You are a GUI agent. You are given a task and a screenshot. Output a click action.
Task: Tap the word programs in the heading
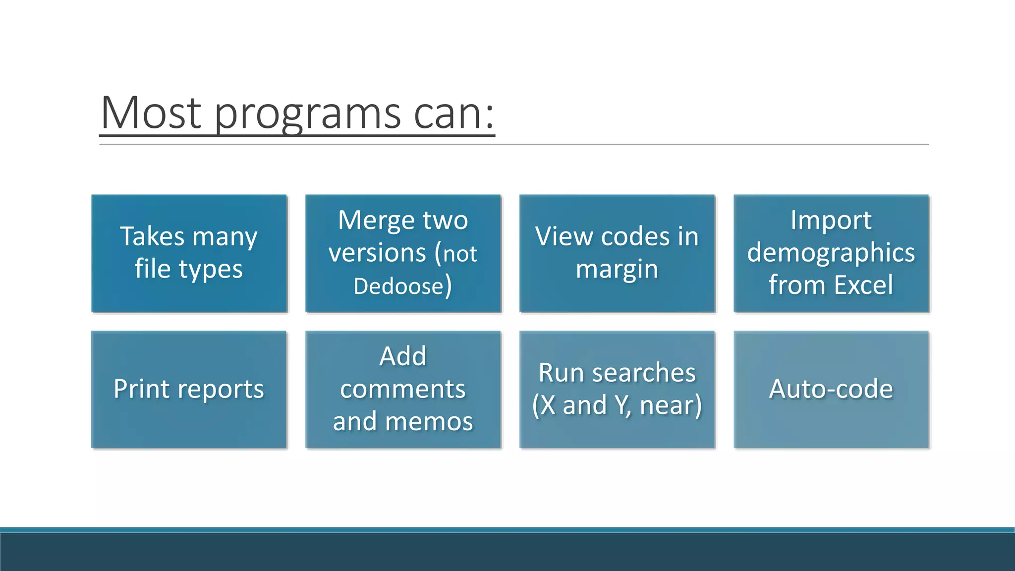[307, 115]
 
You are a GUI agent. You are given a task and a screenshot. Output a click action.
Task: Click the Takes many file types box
[189, 253]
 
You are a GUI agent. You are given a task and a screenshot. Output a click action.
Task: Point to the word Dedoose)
[402, 286]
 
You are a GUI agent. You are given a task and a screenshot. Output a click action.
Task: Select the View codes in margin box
[617, 253]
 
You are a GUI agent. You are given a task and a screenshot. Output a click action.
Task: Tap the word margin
[617, 270]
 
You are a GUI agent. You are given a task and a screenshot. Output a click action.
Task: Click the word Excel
[863, 285]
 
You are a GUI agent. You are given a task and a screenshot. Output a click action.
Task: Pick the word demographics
[831, 253]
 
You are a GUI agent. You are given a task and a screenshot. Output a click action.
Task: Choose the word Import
[831, 220]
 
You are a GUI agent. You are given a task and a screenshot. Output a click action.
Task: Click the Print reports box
[189, 390]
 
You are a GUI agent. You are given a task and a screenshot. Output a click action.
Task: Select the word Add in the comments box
[403, 356]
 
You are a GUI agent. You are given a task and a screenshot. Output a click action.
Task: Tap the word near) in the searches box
[671, 405]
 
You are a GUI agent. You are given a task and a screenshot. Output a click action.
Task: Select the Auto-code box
[831, 390]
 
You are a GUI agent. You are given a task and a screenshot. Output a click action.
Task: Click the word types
[211, 270]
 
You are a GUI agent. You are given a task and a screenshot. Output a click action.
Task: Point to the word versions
[377, 253]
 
